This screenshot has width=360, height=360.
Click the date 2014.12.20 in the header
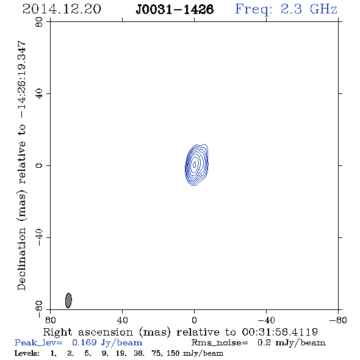[x=62, y=9]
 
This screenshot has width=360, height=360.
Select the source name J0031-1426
[x=175, y=9]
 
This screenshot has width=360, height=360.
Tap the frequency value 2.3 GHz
[x=309, y=9]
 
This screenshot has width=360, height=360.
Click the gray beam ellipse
[x=68, y=300]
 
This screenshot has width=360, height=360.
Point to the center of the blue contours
[x=195, y=164]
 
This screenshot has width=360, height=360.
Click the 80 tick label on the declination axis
[x=39, y=22]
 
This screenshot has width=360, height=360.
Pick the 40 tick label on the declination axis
[x=39, y=94]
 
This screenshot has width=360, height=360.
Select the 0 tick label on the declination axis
[x=39, y=165]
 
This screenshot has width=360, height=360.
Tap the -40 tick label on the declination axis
[x=39, y=237]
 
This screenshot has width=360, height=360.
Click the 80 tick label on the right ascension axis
[x=50, y=320]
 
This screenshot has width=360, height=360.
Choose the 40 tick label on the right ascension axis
[x=122, y=320]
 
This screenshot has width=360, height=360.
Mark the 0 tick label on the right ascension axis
[x=194, y=320]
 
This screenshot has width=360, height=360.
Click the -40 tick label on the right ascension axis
[x=266, y=320]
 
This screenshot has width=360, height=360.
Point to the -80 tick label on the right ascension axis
[x=338, y=320]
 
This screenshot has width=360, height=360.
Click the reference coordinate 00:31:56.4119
[x=280, y=332]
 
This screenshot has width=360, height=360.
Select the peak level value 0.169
[x=84, y=342]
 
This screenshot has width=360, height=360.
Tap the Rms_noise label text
[x=220, y=343]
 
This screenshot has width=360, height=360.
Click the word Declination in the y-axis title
[x=21, y=259]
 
